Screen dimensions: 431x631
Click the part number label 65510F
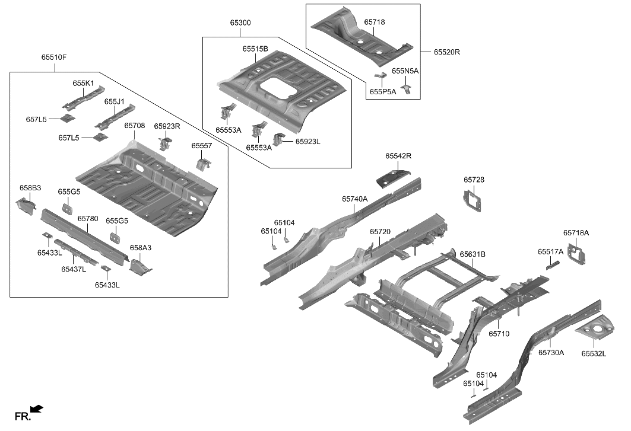[x=54, y=58]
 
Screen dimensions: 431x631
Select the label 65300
[x=240, y=23]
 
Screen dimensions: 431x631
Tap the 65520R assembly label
[x=446, y=52]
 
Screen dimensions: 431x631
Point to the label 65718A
[x=576, y=233]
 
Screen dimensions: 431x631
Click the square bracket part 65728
[x=473, y=199]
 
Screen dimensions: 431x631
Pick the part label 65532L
[x=594, y=353]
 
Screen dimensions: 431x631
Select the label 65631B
[x=473, y=254]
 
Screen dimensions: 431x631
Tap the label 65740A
[x=354, y=199]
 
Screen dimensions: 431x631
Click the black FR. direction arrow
[x=37, y=408]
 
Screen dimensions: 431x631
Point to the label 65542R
[x=398, y=156]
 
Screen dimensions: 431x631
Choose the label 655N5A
[x=405, y=71]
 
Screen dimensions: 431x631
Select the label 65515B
[x=255, y=49]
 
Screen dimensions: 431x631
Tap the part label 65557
[x=201, y=146]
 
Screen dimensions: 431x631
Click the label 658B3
[x=30, y=188]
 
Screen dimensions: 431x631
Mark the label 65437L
[x=74, y=269]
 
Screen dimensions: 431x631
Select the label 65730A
[x=551, y=352]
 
